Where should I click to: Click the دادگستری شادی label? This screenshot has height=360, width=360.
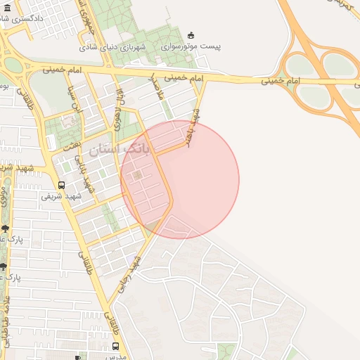pyautogui.click(x=39, y=16)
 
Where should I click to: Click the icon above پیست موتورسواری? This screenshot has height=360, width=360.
pyautogui.click(x=191, y=35)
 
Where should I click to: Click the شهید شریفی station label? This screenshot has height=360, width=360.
pyautogui.click(x=61, y=196)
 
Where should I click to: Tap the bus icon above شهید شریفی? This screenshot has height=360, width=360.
pyautogui.click(x=61, y=186)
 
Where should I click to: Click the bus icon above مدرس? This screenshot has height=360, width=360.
pyautogui.click(x=115, y=347)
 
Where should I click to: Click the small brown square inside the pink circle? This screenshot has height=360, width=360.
pyautogui.click(x=137, y=174)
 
